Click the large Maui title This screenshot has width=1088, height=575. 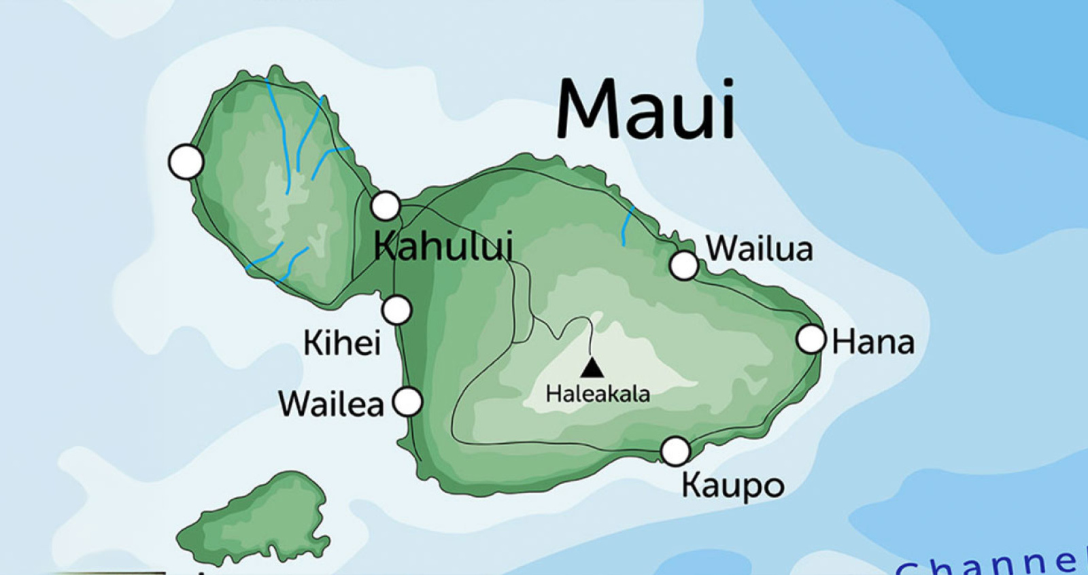[646, 109]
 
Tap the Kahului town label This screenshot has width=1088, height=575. [443, 246]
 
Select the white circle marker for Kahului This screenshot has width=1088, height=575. [386, 205]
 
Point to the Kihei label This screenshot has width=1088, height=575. [341, 343]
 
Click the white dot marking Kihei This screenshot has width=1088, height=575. [397, 310]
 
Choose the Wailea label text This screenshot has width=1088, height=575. [331, 404]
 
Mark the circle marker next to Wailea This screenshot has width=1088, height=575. [408, 401]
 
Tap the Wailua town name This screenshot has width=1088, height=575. [760, 249]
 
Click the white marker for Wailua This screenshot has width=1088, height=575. [684, 265]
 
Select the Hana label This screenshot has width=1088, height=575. [873, 342]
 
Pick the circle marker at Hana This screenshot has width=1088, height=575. [811, 338]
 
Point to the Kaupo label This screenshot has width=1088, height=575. [733, 486]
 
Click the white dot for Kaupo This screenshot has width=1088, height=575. [675, 451]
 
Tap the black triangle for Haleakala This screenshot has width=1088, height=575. [592, 368]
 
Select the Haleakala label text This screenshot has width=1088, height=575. [598, 394]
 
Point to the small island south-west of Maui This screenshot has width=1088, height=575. [258, 520]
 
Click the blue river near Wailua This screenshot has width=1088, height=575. [627, 226]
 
